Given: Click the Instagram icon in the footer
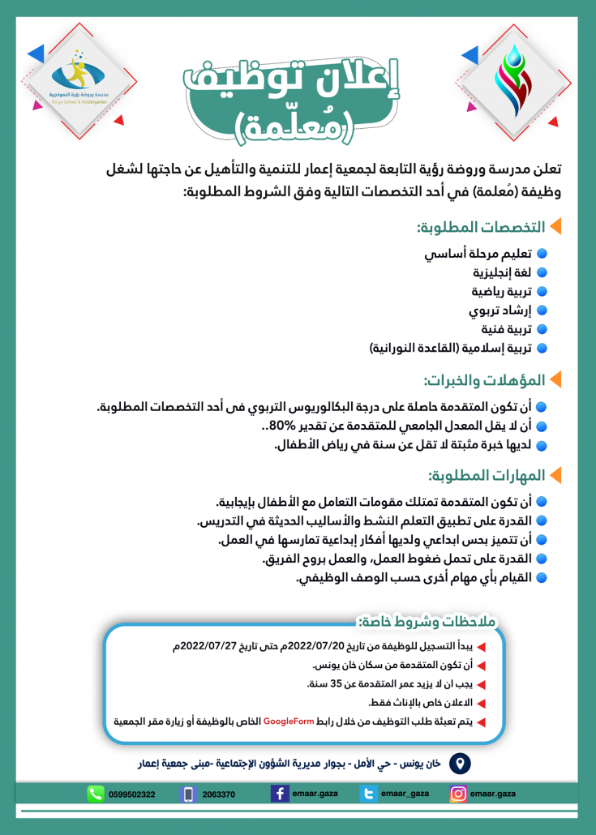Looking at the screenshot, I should (458, 794).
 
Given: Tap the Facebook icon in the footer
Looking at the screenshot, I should (281, 794).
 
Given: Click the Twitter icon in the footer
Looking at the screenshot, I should (369, 794).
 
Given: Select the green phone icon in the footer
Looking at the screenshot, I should (96, 794).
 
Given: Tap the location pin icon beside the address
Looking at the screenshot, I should (460, 764).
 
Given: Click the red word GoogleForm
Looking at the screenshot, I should (288, 721).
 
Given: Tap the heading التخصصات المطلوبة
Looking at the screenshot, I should (478, 227).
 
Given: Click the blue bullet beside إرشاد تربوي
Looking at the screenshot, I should (542, 310).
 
